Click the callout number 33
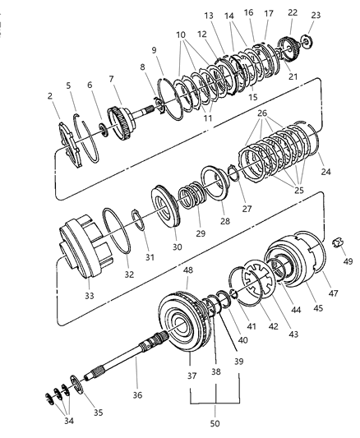point(90,296)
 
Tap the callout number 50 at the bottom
point(215,423)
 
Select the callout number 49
point(348,261)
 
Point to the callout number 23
point(316,16)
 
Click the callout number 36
point(137,395)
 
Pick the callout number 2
point(49,96)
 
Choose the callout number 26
point(262,113)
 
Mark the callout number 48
point(188,270)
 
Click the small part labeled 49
point(338,242)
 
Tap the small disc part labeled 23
point(307,42)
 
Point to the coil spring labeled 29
point(192,195)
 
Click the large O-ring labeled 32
point(117,230)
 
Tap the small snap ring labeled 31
point(138,219)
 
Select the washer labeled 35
point(76,385)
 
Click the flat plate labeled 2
point(70,145)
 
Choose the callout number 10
point(181,35)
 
